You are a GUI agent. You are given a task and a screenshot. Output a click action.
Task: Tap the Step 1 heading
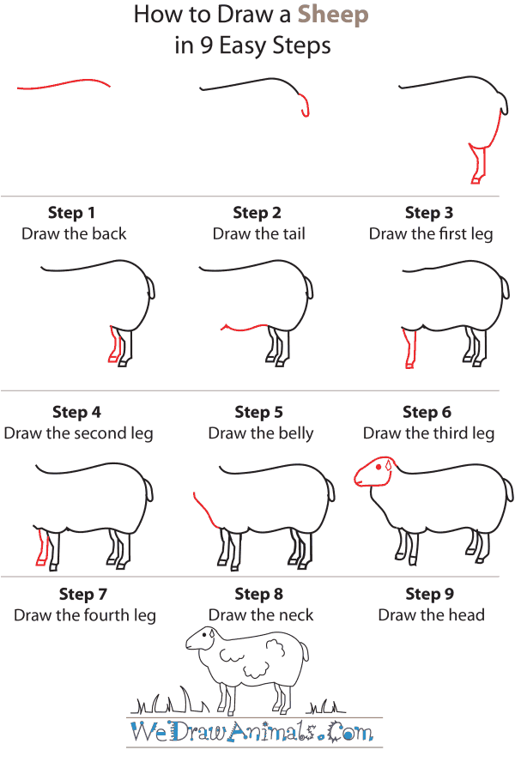(72, 213)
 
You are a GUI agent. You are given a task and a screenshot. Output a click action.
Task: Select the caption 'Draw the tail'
(258, 233)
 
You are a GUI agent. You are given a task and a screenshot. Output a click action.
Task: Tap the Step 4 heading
(76, 412)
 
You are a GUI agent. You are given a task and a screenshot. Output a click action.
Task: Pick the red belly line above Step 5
(249, 327)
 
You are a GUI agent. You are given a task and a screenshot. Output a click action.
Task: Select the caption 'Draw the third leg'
(428, 432)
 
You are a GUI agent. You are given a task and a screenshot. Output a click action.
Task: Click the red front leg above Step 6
(409, 348)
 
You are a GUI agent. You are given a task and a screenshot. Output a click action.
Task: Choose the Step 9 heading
(431, 594)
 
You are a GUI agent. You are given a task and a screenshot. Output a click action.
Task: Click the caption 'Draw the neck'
(261, 614)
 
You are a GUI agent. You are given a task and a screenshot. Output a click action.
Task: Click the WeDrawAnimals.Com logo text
(251, 732)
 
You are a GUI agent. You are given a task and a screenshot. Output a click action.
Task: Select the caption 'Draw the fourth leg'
(85, 614)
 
